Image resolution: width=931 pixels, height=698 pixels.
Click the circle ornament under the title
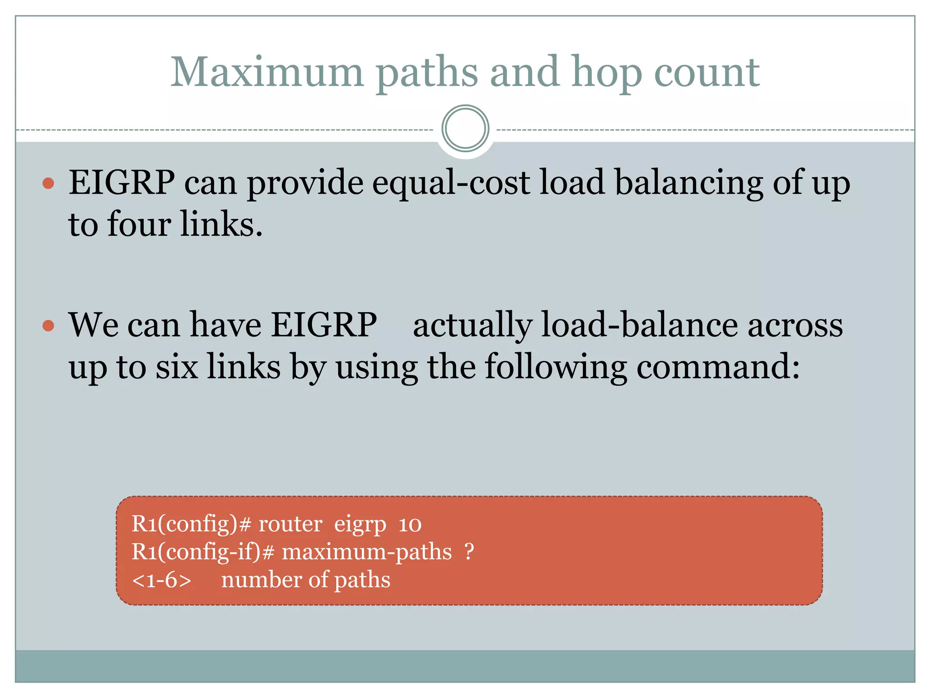465,129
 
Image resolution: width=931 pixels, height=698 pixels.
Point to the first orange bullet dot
48,184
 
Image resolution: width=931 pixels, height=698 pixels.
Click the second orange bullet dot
48,326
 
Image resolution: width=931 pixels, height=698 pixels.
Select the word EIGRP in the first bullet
121,183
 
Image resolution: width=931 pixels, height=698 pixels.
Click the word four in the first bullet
139,224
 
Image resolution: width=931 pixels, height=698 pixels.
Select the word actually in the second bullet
472,325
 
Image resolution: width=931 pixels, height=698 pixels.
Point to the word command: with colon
718,367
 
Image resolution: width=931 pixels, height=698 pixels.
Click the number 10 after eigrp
410,524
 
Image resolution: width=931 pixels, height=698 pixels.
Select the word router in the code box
290,524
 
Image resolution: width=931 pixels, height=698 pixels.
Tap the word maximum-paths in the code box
366,552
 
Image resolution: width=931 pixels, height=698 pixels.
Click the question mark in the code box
469,552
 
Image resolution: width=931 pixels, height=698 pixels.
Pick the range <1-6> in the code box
161,580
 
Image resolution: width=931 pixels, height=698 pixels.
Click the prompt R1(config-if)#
203,552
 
